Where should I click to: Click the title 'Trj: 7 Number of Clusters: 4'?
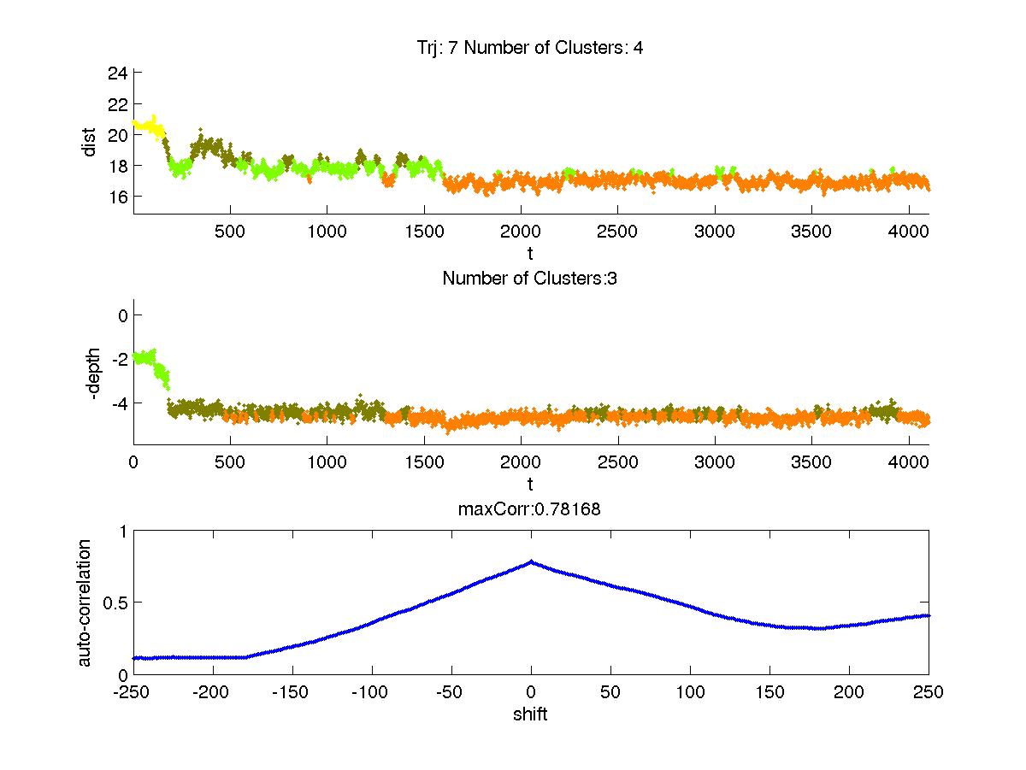coord(530,48)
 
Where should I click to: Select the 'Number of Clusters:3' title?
coord(530,278)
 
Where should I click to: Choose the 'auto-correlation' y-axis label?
coord(85,602)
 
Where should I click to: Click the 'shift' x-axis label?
coord(530,714)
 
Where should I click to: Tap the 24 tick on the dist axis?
coord(117,73)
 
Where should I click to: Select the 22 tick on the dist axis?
coord(117,103)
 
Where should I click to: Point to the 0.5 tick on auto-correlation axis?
coord(114,602)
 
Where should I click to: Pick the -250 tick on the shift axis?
coord(133,691)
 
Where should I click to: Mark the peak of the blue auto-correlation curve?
coord(531,561)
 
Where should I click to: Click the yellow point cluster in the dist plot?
coord(150,127)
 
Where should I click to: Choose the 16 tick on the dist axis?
coord(117,197)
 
